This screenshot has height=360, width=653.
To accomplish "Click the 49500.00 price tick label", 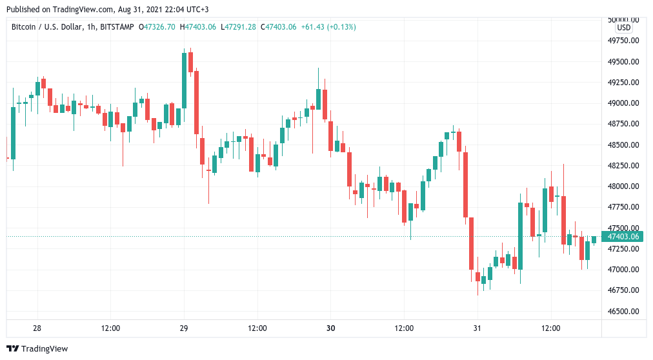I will [623, 61].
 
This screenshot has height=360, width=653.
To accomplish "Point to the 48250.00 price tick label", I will [623, 166].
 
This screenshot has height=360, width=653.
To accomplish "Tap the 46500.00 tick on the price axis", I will [623, 311].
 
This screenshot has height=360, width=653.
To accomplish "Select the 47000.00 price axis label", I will [623, 270].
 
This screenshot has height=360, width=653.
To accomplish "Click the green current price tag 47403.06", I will [623, 237].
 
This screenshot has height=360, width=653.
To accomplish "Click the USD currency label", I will [623, 28].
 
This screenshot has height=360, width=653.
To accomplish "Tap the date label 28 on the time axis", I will [37, 328].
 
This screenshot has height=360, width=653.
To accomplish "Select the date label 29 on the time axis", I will [184, 328].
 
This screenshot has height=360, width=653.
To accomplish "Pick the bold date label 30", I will [330, 328].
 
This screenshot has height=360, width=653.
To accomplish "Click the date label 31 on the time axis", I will [477, 328].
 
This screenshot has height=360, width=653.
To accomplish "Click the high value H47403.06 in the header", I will [197, 27].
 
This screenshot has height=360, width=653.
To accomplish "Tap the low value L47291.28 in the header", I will [238, 27].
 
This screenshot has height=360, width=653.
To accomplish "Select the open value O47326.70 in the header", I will [157, 27].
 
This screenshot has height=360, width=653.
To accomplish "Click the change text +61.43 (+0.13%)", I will [328, 27].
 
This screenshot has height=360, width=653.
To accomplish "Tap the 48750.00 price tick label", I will [623, 124].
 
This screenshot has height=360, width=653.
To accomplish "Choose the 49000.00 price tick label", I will [623, 103].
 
